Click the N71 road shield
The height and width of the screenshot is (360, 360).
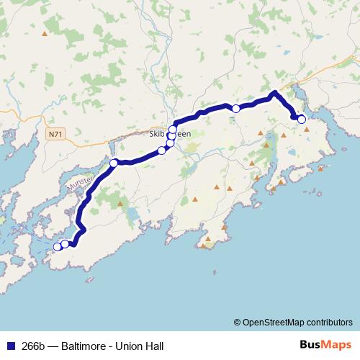click(x=56, y=134)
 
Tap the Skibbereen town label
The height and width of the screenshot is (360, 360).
click(x=169, y=134)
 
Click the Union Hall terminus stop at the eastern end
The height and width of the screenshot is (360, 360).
click(x=301, y=120)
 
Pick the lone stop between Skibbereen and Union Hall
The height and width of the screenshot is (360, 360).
click(x=235, y=109)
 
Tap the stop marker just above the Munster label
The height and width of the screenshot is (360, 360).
click(x=113, y=163)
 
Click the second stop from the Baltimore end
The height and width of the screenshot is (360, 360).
click(x=66, y=244)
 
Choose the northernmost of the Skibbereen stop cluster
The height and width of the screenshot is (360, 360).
click(x=173, y=130)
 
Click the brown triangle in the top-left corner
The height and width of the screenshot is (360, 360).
click(x=45, y=33)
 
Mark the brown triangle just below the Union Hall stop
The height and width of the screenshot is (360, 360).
click(x=307, y=129)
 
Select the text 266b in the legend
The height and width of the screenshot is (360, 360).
click(x=32, y=344)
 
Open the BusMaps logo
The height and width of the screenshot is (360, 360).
click(x=324, y=343)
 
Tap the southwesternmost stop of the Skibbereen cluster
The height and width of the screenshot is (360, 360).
click(x=162, y=150)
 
